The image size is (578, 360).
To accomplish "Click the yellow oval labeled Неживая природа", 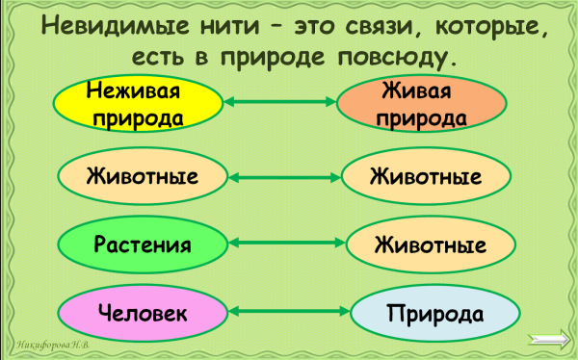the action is (x=135, y=104).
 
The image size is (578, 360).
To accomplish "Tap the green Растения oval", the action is (x=142, y=244).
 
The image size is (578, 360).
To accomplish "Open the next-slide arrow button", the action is (x=550, y=337).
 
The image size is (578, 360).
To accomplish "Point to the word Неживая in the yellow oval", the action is (x=134, y=93).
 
